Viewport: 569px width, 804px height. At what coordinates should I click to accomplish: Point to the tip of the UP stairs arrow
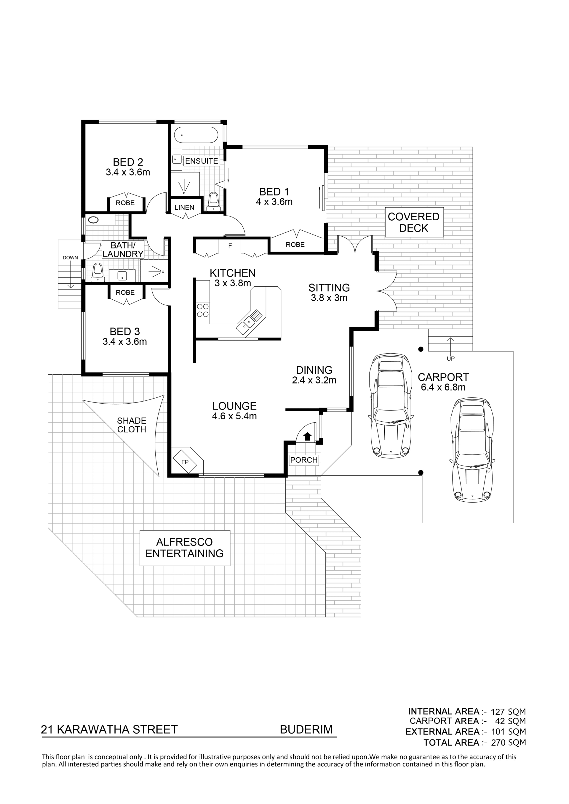coord(450,338)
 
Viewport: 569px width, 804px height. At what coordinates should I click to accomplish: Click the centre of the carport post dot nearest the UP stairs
coord(421,349)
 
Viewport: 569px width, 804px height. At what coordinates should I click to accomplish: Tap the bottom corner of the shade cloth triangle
coord(159,476)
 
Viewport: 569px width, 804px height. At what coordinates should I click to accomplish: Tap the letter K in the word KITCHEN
coord(213,273)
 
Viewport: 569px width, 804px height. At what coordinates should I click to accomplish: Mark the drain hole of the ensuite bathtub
coord(182,135)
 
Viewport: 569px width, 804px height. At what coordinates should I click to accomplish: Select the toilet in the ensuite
coord(213,202)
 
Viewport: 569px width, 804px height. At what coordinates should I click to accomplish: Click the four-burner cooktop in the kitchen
coord(203,310)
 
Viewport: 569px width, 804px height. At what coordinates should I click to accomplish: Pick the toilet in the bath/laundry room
coord(98,273)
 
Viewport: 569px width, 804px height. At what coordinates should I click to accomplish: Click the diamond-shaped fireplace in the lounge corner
coord(185,462)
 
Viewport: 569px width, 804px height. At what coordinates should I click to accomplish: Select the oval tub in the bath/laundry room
coord(94,220)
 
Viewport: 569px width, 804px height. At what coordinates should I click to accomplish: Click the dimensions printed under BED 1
coord(274,202)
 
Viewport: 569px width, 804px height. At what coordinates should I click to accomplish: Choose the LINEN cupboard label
coord(184,207)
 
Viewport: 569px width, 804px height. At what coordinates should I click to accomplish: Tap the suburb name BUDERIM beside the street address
coord(306,729)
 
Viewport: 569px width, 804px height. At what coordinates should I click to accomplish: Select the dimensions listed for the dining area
coord(314,380)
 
